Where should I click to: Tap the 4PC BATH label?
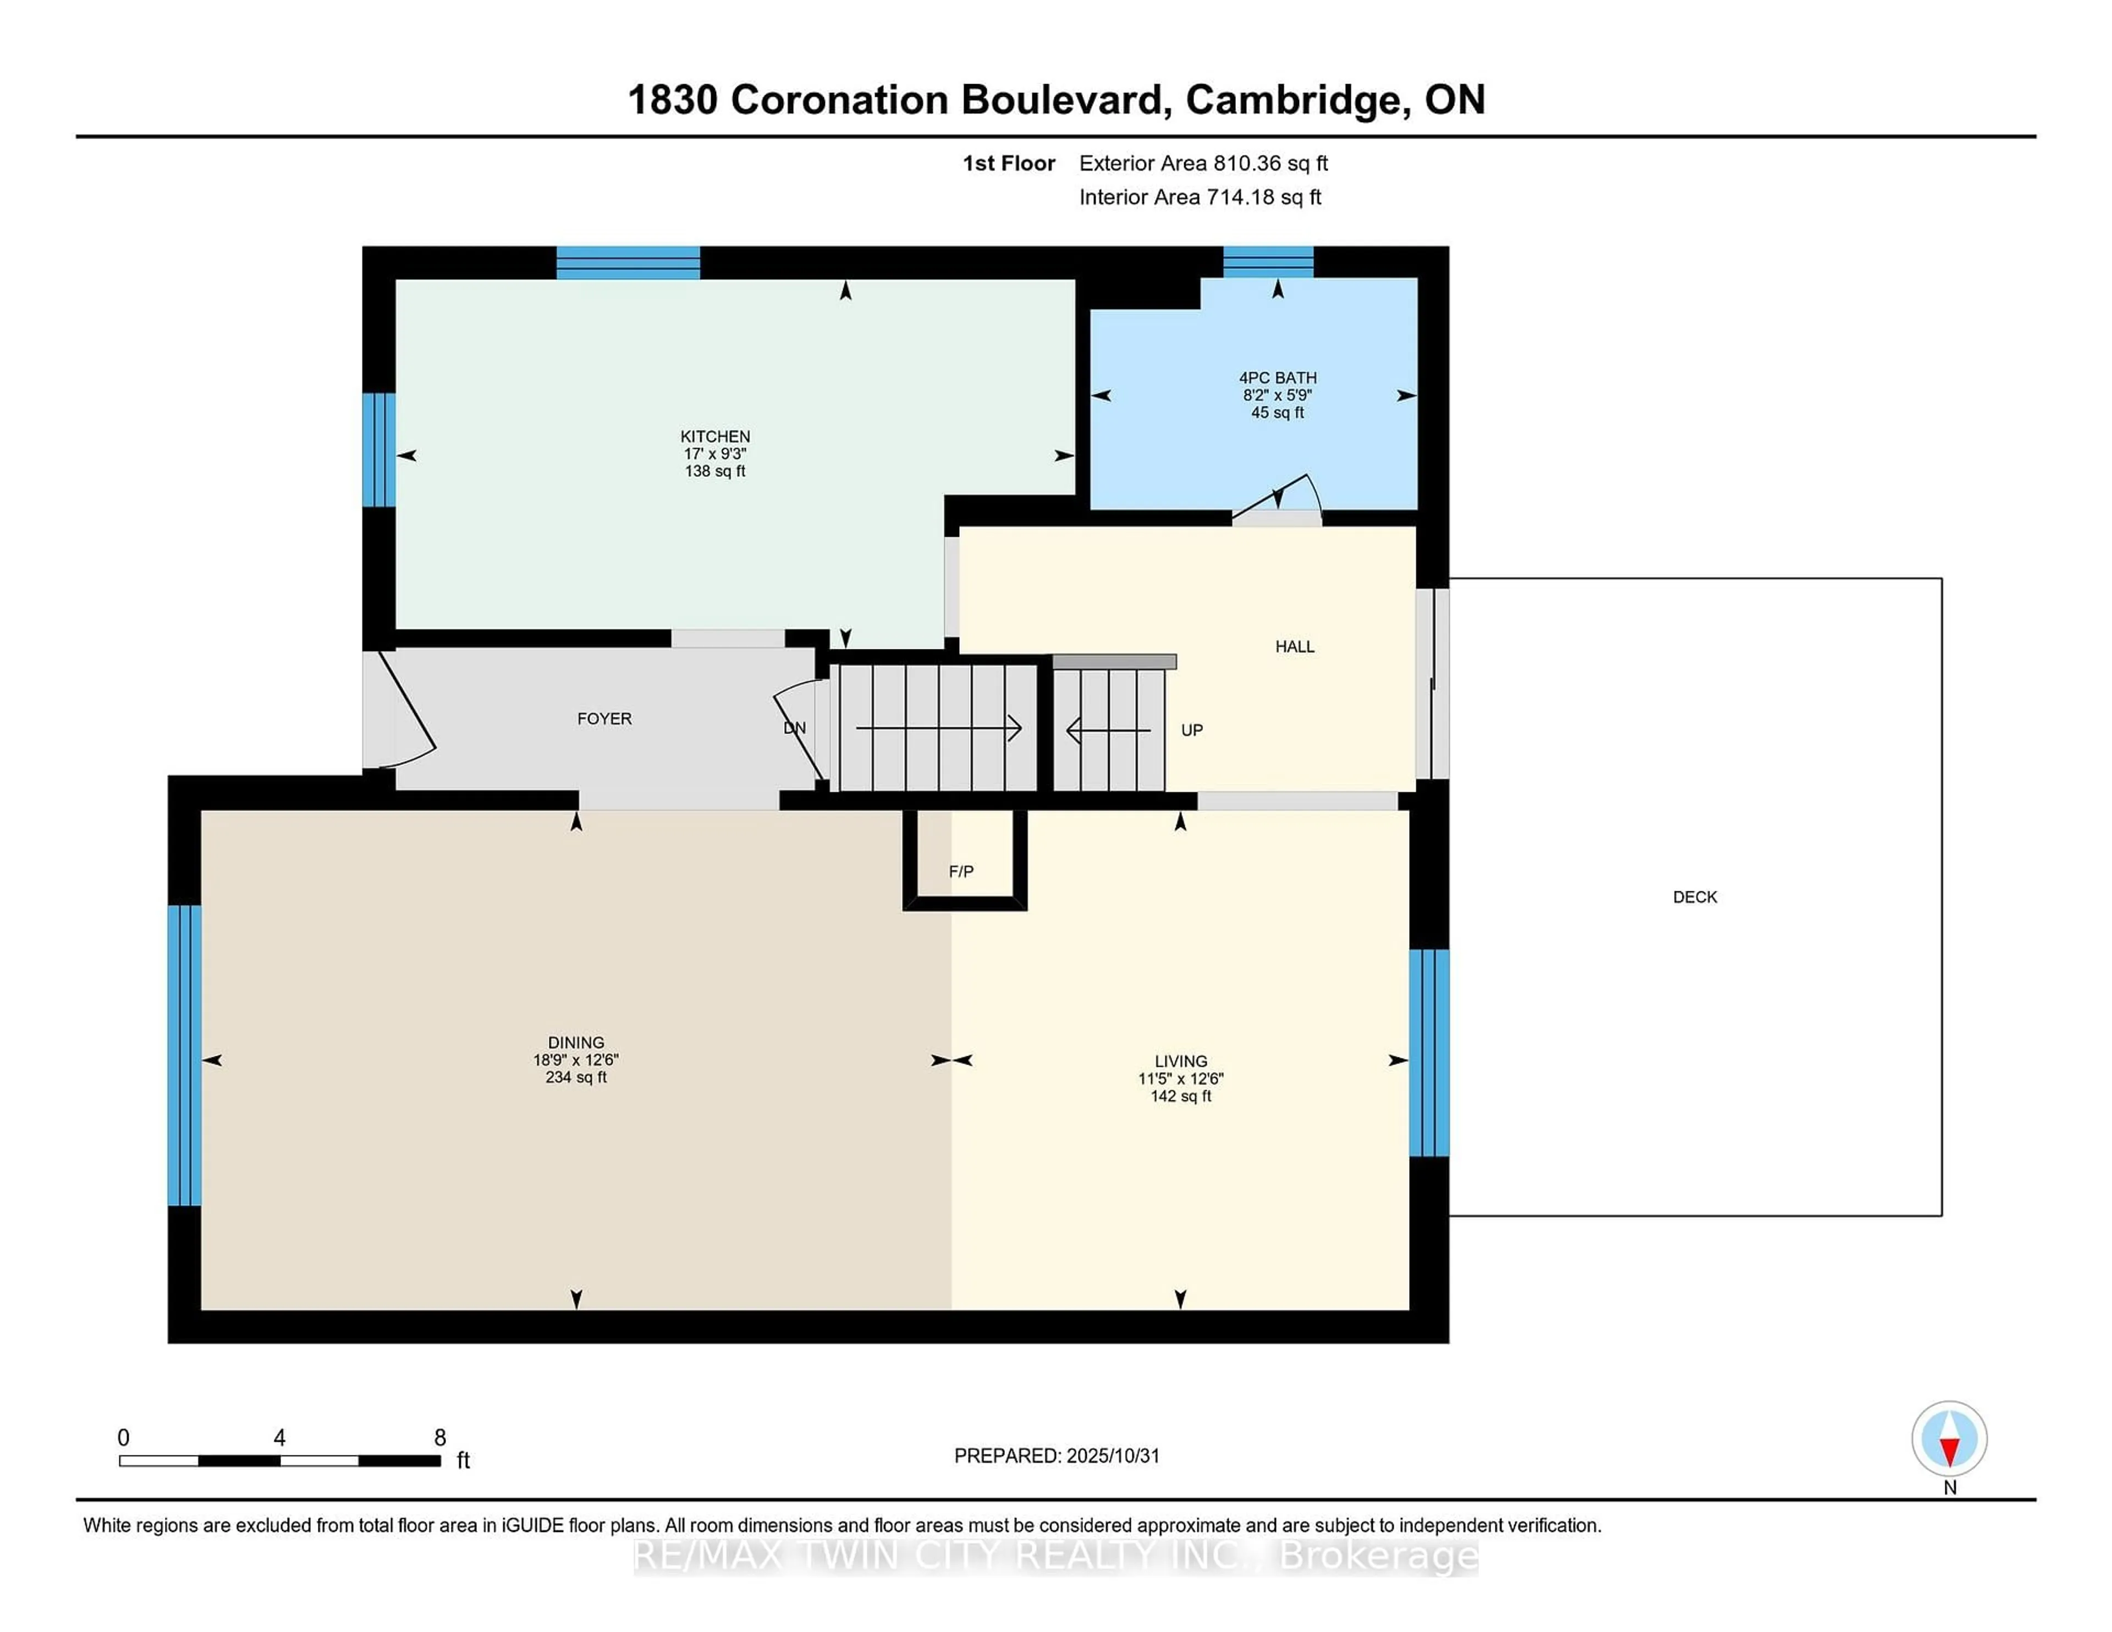[1278, 378]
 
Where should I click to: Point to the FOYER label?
[604, 718]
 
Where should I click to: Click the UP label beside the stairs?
[1191, 730]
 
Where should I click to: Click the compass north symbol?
[1949, 1438]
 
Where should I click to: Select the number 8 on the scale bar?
[440, 1438]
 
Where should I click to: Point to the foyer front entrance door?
[406, 710]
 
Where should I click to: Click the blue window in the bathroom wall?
[1268, 262]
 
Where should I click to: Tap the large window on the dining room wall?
[184, 1055]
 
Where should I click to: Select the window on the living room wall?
[1428, 1053]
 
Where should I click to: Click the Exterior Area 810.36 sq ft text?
[1203, 163]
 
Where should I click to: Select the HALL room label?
[1294, 647]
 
